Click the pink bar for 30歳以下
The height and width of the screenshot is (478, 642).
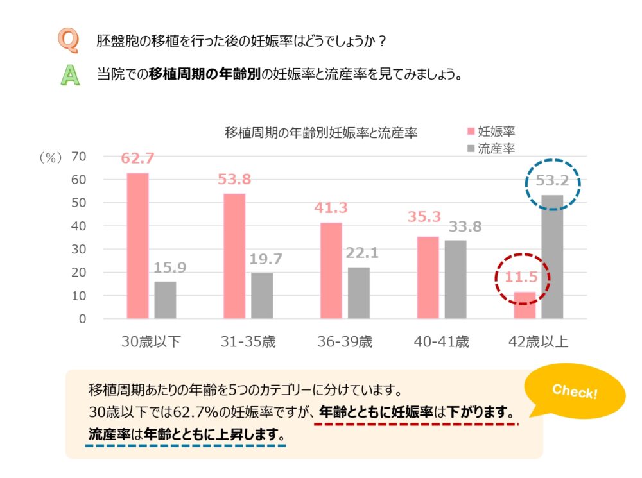click(137, 246)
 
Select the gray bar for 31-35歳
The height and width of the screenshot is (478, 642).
click(262, 296)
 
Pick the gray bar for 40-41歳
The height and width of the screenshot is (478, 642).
click(455, 279)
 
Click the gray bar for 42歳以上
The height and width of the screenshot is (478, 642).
click(552, 257)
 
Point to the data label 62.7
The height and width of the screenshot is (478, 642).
click(138, 158)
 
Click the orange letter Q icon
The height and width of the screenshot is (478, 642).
click(69, 40)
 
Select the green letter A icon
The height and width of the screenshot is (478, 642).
click(69, 74)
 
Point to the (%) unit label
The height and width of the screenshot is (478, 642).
click(49, 157)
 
